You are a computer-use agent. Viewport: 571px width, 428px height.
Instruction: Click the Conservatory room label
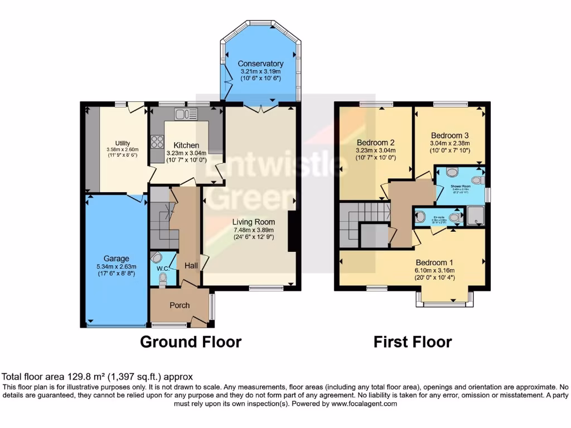coord(260,64)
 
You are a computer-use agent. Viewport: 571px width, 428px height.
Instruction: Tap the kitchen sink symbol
coord(182,114)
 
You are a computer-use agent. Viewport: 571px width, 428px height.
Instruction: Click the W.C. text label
coord(162,269)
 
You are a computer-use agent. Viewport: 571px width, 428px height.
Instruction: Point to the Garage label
coord(116,259)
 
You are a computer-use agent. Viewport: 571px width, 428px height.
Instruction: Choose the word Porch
coord(180,305)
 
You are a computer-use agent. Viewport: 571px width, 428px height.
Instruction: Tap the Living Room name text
coord(254,222)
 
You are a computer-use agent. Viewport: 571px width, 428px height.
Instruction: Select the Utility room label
coord(122,143)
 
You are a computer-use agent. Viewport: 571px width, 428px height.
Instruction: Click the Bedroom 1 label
coord(434,262)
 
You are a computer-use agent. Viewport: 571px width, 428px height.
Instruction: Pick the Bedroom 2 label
coord(376,142)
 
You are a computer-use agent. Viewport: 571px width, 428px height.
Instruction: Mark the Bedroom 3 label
coord(449,135)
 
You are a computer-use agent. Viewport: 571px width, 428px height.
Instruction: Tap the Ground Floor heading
coord(190,342)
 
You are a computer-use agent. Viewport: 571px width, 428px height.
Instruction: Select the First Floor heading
coord(413,342)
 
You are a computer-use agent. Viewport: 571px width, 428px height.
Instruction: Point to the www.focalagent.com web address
coord(359,404)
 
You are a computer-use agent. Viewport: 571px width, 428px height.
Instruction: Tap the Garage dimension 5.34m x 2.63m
coord(116,266)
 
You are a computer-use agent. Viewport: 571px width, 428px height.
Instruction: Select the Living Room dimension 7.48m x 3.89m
coord(254,229)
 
